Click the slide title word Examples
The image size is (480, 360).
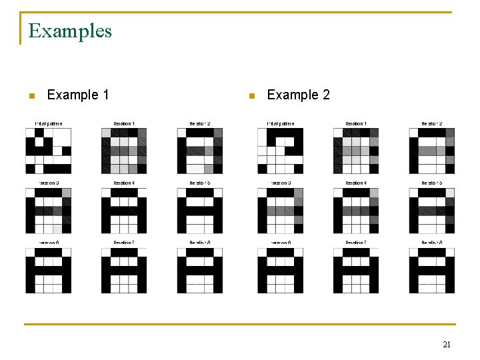70,31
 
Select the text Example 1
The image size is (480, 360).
78,95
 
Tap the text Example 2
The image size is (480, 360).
298,95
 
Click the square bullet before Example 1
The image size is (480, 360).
31,96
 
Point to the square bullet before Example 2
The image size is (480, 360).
251,96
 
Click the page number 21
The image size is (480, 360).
447,345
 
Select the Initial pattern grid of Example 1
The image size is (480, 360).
49,151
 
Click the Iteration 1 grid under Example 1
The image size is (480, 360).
124,151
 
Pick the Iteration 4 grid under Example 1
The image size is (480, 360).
124,211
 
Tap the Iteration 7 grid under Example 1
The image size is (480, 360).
124,271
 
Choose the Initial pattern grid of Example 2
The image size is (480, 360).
281,151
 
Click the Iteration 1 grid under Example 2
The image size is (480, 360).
356,151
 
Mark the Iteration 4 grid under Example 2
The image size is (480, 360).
356,211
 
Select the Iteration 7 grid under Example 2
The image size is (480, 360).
356,271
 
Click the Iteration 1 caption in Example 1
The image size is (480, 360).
124,123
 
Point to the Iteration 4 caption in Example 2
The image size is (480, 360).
356,183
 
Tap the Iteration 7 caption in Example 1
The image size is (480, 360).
124,243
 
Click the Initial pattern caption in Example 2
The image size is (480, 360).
281,123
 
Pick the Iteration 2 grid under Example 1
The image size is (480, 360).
199,151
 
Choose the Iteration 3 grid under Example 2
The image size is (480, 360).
281,211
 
